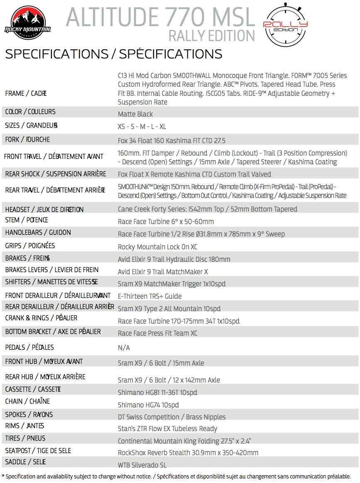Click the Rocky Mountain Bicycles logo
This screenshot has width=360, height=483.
27,24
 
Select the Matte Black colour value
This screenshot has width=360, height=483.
135,114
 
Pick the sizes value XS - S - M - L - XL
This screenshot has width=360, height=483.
142,127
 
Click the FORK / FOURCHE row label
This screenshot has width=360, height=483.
27,139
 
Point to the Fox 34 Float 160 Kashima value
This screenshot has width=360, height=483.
171,140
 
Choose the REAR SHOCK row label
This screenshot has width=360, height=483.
56,174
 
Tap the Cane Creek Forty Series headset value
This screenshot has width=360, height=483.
207,209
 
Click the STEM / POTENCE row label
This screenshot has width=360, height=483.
27,220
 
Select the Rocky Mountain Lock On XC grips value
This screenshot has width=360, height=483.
157,247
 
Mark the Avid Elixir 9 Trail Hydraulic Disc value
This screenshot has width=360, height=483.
174,259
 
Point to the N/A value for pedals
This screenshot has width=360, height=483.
124,348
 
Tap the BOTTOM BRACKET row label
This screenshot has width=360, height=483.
53,332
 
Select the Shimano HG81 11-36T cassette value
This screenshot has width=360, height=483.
157,393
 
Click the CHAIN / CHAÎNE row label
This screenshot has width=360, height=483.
27,401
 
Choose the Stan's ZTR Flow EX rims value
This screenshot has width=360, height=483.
167,429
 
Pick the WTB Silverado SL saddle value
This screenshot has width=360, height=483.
142,465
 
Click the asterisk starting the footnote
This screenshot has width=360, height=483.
3,476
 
